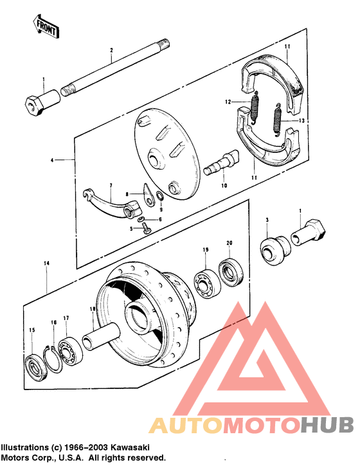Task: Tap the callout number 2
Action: click(x=111, y=50)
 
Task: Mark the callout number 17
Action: click(x=66, y=318)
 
